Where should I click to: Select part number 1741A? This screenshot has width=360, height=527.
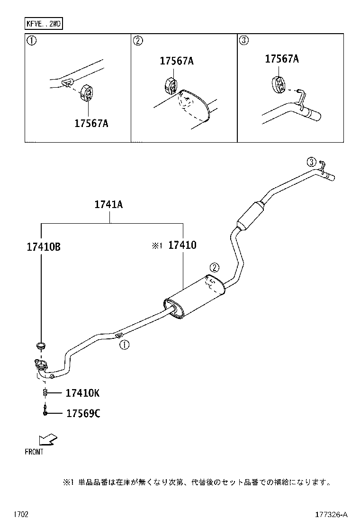pos(108,205)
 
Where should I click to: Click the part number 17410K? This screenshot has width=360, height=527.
pos(82,393)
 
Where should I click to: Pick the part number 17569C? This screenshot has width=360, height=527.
pos(83,414)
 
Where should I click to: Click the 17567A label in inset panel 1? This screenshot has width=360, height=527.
pos(91,123)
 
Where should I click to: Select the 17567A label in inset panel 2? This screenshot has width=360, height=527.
pos(177,61)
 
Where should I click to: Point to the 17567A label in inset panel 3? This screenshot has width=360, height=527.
pos(282,59)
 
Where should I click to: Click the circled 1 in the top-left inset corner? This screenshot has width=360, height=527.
pos(32,41)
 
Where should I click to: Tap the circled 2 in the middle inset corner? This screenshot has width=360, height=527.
pos(137,41)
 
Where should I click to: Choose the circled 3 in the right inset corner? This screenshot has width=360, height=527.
pos(243,41)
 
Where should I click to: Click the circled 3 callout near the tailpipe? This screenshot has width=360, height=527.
pos(311,162)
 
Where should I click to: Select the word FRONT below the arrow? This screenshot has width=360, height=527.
pos(34,452)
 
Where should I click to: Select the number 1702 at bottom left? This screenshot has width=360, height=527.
pos(20,514)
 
